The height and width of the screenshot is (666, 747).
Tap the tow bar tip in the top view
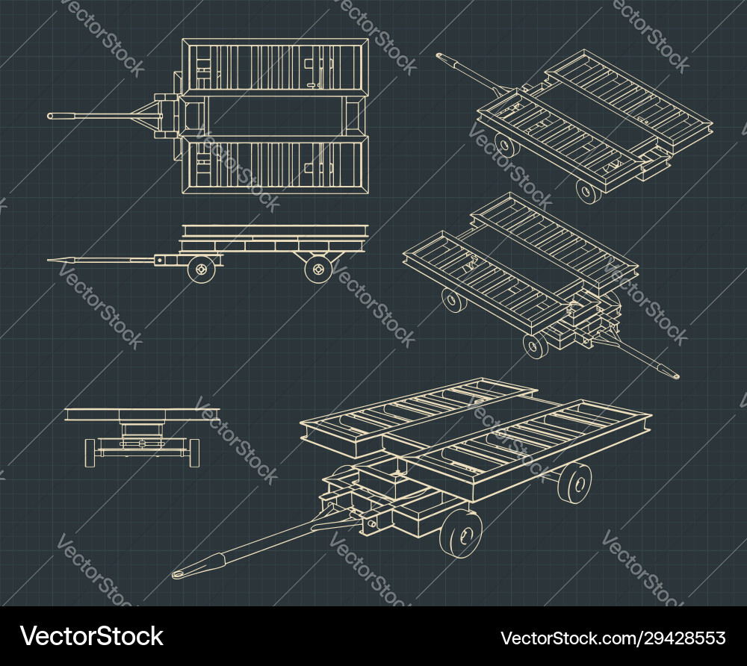click(x=52, y=116)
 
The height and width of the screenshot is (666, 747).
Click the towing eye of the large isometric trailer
click(x=179, y=574)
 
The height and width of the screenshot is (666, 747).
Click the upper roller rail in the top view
click(x=275, y=66)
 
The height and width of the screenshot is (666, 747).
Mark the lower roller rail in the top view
click(x=275, y=165)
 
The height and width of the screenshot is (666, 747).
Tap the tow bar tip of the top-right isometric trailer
click(x=441, y=55)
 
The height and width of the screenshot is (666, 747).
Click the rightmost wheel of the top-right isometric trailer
click(x=589, y=192)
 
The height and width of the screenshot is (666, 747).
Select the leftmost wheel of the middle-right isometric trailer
click(x=453, y=300)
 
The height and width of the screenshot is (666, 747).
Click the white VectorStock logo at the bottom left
click(x=93, y=636)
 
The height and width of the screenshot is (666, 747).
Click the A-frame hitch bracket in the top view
click(x=149, y=116)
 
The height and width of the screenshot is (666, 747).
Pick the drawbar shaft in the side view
click(x=112, y=260)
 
